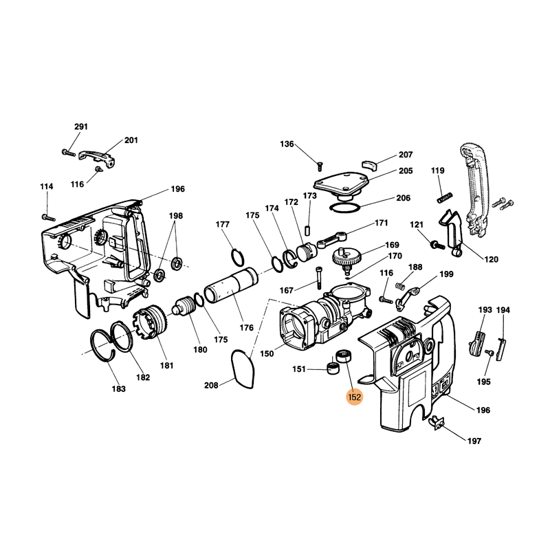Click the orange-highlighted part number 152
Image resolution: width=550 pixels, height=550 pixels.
(355, 396)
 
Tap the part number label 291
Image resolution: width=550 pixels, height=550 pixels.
(81, 126)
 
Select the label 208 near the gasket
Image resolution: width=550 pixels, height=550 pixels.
(211, 386)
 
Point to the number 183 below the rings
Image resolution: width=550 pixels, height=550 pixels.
(119, 388)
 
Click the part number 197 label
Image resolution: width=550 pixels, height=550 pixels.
(474, 440)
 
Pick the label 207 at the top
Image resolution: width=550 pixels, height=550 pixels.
(405, 155)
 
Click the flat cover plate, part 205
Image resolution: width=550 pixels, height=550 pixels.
(342, 183)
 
